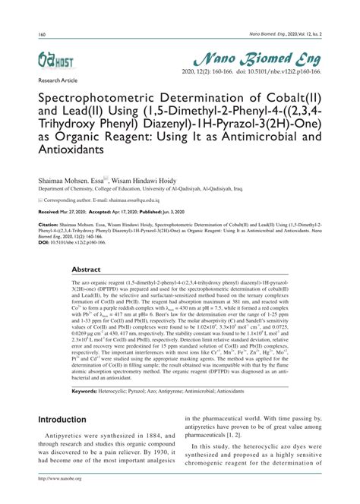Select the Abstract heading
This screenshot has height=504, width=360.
[86, 291]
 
